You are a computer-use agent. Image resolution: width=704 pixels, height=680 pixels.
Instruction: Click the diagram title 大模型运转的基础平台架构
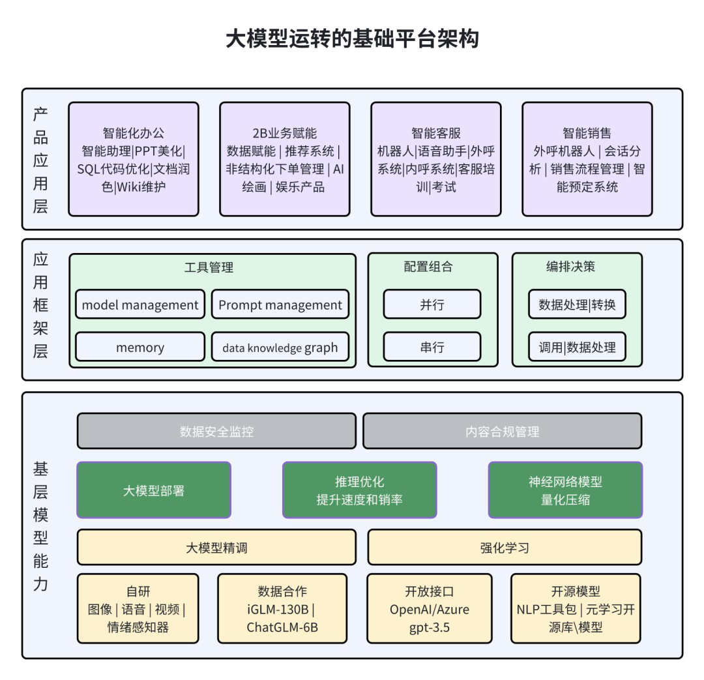coord(352,39)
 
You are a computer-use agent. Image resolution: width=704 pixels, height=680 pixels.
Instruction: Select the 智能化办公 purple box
coord(134,159)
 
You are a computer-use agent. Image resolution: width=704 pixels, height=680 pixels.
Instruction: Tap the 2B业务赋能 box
coord(285,159)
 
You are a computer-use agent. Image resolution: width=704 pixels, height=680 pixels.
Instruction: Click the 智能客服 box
coord(436,159)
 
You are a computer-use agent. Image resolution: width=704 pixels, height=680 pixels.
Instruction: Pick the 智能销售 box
coord(587,159)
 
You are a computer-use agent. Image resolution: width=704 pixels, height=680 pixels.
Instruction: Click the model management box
coord(140,304)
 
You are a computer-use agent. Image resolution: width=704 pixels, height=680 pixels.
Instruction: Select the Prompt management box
coord(280,304)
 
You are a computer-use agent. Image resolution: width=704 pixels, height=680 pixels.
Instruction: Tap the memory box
coord(140,347)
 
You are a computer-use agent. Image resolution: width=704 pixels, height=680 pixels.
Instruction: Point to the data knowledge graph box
coord(280,347)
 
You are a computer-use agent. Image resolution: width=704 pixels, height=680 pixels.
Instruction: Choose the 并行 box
coord(432,304)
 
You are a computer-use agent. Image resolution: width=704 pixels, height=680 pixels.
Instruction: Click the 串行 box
coord(432,347)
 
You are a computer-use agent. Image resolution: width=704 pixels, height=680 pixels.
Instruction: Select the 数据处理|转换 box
coord(577,304)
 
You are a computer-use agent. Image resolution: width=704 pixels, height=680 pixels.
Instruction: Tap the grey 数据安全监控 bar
coord(216,431)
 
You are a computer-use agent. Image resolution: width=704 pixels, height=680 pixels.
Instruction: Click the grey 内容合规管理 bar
coord(502,431)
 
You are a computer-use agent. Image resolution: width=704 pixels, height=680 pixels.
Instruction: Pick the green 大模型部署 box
coord(154,490)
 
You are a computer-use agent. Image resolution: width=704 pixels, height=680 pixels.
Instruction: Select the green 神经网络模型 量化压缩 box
coord(565,490)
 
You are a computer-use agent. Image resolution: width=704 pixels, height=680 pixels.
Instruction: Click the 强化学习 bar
coord(505,547)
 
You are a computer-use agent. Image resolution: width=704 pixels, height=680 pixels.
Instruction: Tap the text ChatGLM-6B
coord(283,627)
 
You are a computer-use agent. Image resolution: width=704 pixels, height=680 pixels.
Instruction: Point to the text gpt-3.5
coord(429,627)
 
